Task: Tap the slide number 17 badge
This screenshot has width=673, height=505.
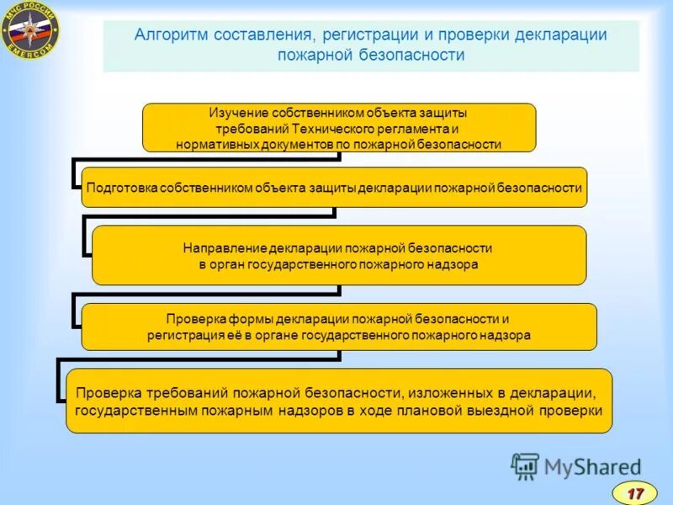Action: (635, 492)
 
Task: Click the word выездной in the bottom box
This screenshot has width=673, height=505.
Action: (515, 411)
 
